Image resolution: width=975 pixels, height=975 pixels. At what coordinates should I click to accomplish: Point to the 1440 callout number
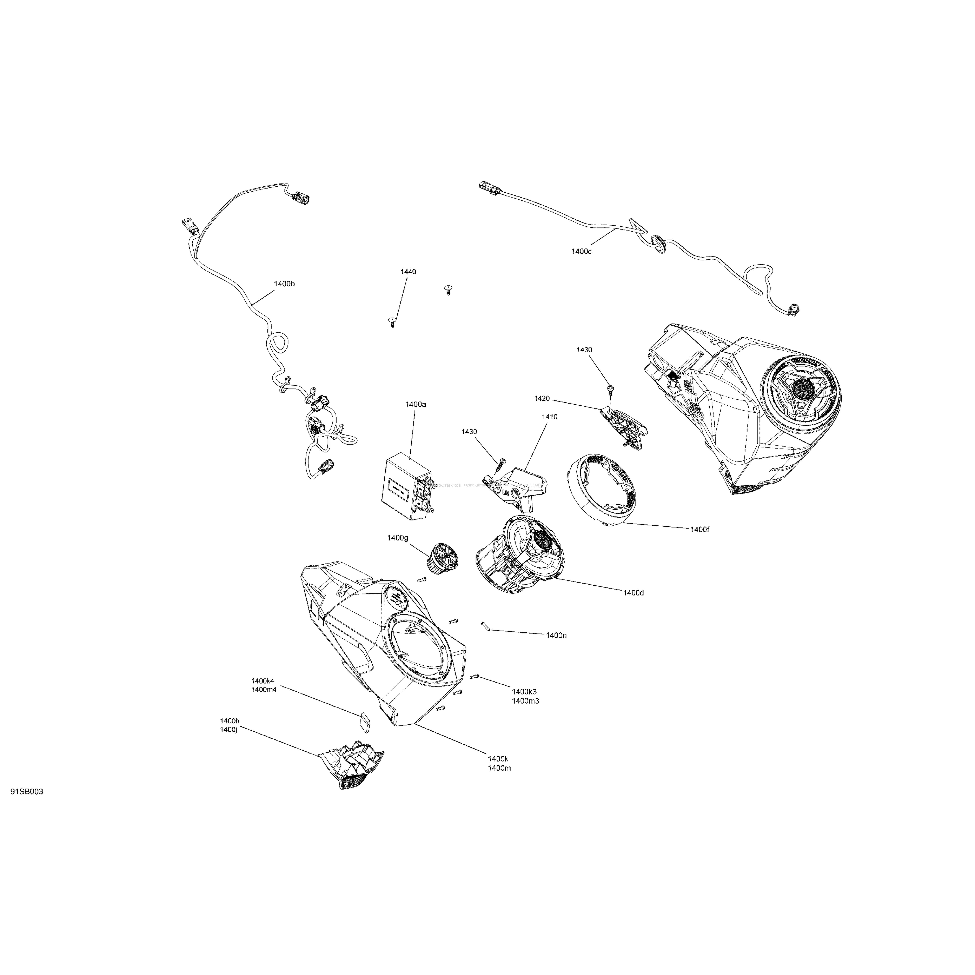408,272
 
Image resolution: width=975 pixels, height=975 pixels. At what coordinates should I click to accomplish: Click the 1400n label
556,635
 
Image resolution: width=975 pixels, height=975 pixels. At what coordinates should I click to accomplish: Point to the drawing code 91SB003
27,806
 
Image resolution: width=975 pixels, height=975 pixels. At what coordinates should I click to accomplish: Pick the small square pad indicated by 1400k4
364,719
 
